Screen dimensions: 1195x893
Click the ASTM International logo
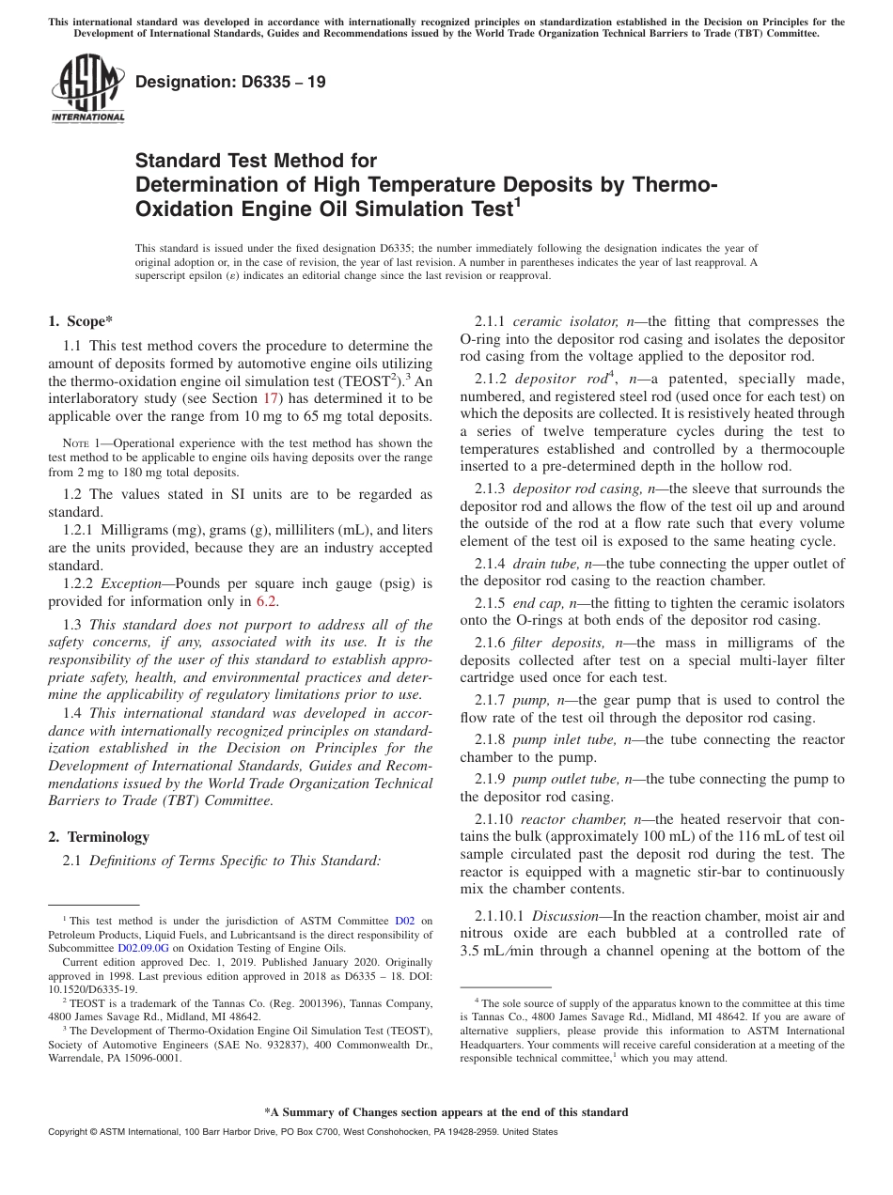point(87,88)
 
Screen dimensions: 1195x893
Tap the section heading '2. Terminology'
point(99,836)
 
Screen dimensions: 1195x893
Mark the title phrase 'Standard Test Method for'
point(256,161)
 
